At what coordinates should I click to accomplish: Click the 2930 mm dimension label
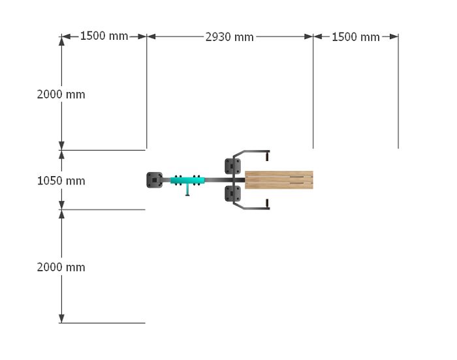(229, 37)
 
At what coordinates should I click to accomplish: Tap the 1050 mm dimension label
(61, 181)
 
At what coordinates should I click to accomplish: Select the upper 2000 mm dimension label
(61, 95)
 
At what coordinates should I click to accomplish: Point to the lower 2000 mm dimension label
(61, 267)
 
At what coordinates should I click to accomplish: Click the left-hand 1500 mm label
(104, 36)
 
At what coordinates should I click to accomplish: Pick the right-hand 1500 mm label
(356, 37)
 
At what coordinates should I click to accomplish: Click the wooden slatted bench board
(279, 180)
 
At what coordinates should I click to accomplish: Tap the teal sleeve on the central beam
(187, 181)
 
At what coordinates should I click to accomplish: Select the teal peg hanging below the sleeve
(187, 190)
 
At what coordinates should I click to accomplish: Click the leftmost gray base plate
(155, 180)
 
